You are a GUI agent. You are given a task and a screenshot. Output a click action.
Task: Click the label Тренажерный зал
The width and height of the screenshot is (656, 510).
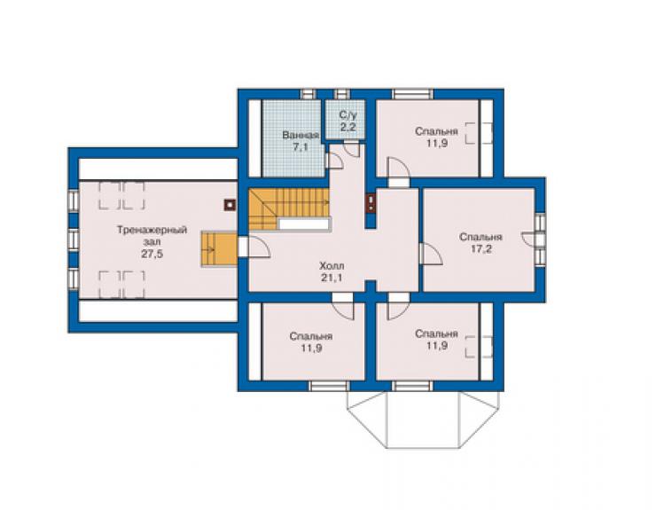152,236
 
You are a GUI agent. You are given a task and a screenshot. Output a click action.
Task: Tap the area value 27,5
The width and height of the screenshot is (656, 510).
152,254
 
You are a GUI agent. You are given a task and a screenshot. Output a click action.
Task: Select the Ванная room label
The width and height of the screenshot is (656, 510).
301,135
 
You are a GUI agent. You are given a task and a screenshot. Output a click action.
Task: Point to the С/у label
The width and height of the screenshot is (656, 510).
347,114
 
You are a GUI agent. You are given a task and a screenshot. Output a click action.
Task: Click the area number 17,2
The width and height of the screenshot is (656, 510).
481,249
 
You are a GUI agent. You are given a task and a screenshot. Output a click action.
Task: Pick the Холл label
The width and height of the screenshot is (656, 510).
332,266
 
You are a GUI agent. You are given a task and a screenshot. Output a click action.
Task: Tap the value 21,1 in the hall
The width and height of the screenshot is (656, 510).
332,278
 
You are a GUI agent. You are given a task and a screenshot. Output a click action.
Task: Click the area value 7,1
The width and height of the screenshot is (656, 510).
300,147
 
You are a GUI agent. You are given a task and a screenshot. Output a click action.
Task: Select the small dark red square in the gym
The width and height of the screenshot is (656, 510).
230,205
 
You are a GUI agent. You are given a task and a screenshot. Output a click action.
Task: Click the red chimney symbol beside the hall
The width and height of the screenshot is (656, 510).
371,203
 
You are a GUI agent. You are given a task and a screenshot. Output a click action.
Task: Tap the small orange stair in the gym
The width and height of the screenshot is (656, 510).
219,248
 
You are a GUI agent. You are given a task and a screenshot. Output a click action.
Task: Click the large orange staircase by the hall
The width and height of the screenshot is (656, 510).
289,209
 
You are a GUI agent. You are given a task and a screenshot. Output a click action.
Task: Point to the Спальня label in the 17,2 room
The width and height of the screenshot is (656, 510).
481,237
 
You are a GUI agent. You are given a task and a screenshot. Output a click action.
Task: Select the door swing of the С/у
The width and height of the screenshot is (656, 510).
351,150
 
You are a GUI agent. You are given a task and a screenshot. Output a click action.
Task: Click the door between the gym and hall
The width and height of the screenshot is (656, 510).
254,247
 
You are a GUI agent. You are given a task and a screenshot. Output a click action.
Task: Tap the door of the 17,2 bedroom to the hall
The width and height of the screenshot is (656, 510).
431,254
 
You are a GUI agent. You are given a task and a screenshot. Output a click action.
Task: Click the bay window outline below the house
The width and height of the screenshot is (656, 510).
423,420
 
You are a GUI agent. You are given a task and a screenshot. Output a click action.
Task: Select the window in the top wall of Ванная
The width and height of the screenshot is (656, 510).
308,94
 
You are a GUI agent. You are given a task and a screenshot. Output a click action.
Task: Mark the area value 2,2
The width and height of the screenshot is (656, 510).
348,127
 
